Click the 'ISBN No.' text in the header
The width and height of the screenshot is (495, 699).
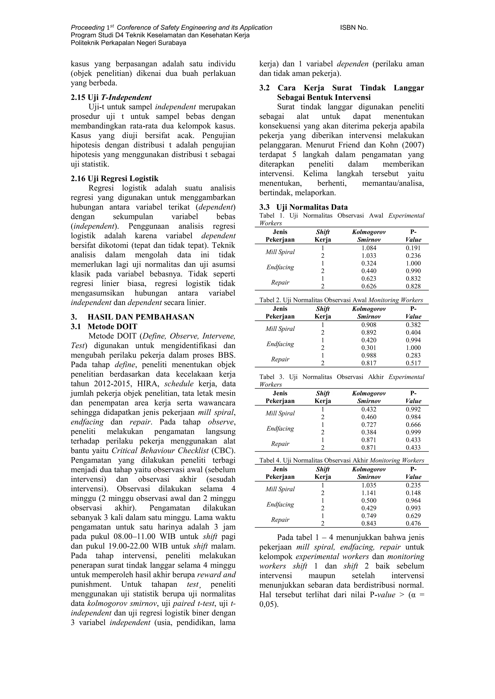[354, 28]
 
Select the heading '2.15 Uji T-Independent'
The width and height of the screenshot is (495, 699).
[111, 98]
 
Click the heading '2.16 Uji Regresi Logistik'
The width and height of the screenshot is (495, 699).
[115, 178]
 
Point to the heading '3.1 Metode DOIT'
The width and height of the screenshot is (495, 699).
[104, 326]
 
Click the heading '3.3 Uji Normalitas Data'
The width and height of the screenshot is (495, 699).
[303, 207]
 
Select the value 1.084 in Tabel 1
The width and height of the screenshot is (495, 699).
[369, 248]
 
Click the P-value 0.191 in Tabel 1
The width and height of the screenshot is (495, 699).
[413, 248]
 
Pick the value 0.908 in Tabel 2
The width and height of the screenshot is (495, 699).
[369, 325]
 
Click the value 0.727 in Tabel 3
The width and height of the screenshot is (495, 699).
[369, 425]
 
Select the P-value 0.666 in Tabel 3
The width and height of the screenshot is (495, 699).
[413, 425]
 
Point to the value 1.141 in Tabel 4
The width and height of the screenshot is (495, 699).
[369, 493]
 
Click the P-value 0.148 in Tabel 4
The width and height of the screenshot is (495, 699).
[413, 493]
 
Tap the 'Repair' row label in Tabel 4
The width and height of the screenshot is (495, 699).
[280, 520]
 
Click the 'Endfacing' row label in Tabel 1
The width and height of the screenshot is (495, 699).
[280, 267]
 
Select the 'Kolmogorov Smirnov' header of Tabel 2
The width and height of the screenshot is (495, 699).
[369, 313]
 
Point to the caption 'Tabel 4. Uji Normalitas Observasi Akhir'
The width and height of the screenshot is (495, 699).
[314, 460]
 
